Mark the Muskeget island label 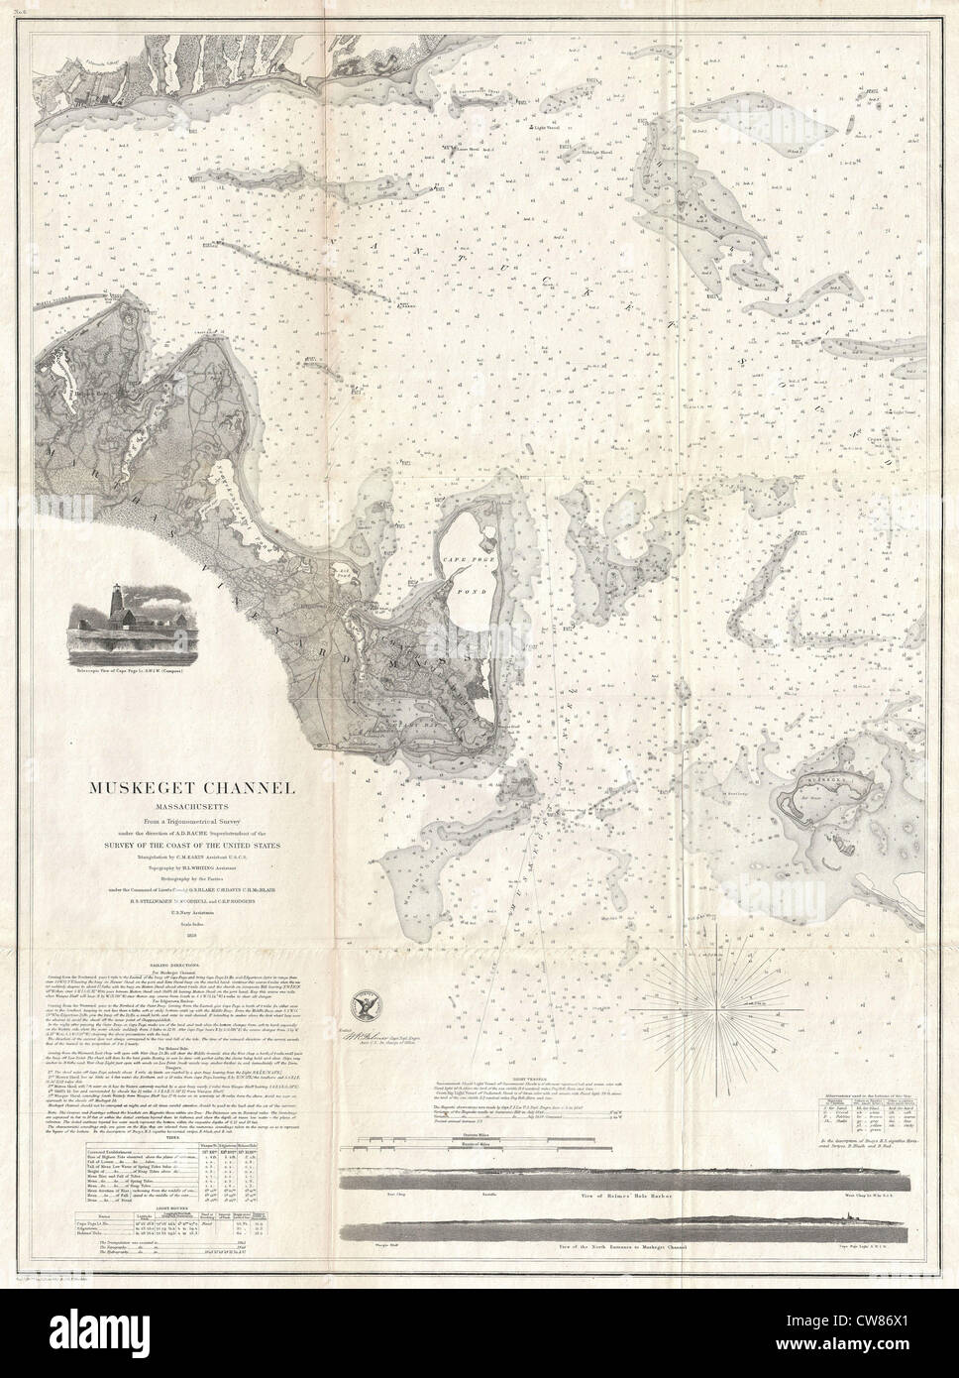pos(830,780)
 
